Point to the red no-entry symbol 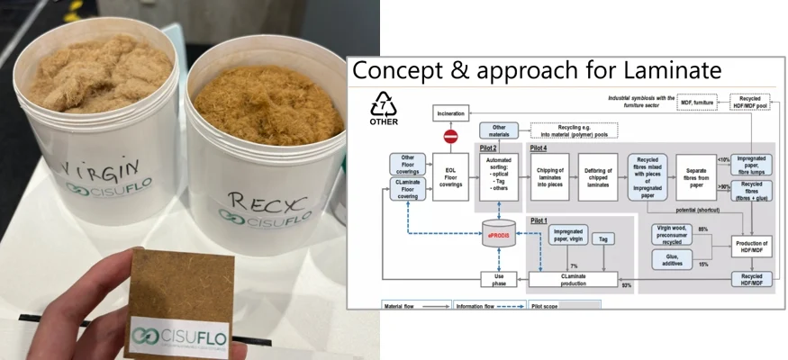pyautogui.click(x=451, y=137)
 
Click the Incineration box pyautogui.click(x=450, y=114)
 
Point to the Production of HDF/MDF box pyautogui.click(x=752, y=247)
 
